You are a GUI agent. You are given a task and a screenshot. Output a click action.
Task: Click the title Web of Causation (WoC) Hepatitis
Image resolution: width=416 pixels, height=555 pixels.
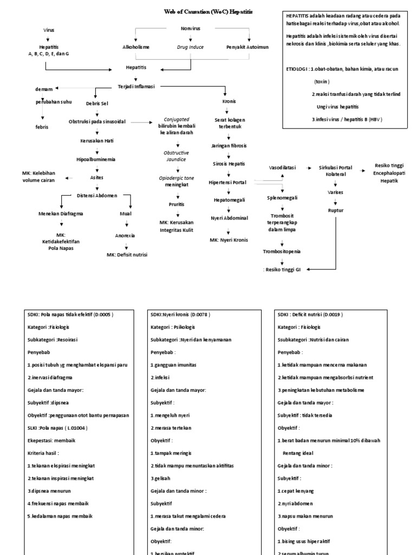click(x=208, y=11)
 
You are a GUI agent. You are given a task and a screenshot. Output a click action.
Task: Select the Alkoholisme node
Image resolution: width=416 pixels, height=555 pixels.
click(x=136, y=47)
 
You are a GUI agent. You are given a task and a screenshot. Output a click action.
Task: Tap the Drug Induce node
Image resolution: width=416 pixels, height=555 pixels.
click(x=191, y=47)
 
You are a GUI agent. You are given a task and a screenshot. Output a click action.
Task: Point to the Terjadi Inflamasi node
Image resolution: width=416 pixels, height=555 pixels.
click(x=136, y=86)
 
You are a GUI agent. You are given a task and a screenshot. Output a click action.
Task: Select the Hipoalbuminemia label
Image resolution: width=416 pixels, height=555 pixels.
click(x=96, y=159)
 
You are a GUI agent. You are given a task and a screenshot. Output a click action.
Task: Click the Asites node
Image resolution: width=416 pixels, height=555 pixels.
click(x=96, y=177)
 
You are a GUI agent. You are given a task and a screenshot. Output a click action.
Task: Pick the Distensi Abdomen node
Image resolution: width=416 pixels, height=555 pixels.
click(x=96, y=195)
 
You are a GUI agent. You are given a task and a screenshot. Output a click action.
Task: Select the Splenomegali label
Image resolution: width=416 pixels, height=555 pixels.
click(x=282, y=198)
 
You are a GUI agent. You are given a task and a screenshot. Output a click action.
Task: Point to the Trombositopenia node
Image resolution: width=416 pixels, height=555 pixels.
click(x=282, y=251)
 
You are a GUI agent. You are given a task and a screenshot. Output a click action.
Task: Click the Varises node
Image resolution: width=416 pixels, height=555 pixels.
click(x=335, y=192)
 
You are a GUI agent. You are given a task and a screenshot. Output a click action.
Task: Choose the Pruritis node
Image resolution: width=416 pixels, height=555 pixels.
click(x=176, y=204)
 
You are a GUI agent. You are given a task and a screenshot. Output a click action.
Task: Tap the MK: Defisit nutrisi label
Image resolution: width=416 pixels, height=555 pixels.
click(x=127, y=254)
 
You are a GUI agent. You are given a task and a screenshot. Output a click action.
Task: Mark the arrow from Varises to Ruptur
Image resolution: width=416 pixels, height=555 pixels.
click(x=335, y=201)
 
